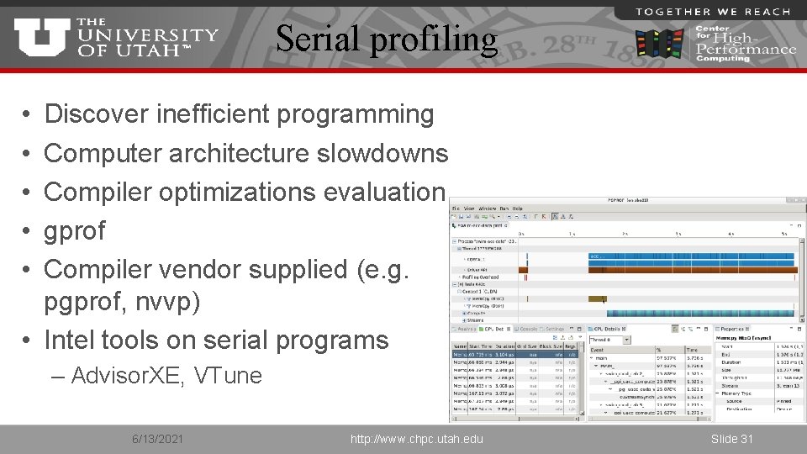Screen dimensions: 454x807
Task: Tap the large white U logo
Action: [x=41, y=39]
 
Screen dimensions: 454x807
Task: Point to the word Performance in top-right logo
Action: [x=746, y=49]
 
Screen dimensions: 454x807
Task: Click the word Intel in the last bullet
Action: [x=71, y=340]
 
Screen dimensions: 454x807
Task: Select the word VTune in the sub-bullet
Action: [x=228, y=375]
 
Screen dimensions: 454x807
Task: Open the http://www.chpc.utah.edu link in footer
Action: [x=418, y=439]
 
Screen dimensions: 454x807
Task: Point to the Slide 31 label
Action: [x=731, y=439]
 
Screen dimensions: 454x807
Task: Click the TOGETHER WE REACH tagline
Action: [x=713, y=11]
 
